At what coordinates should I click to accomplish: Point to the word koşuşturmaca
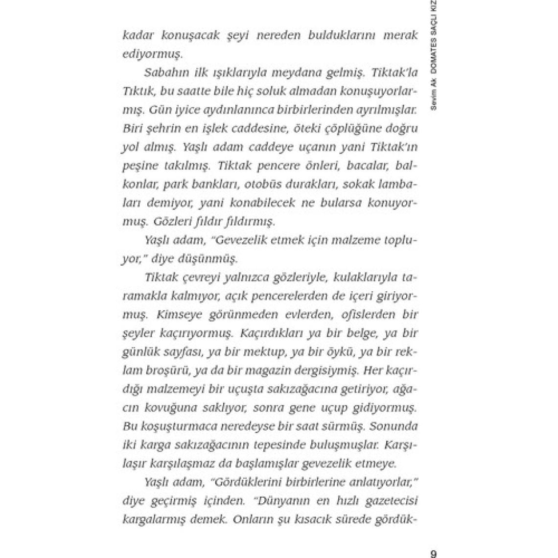click(175, 426)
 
